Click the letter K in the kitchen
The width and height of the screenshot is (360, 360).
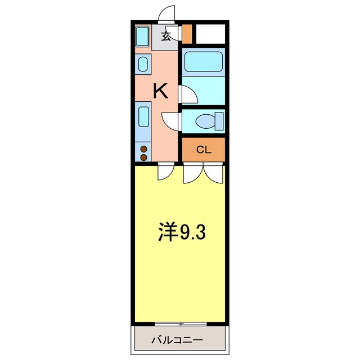coord(161,91)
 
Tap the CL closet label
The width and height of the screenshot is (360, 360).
coord(203,150)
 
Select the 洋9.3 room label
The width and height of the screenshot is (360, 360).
coord(181,232)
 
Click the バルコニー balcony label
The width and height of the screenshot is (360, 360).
coord(177,340)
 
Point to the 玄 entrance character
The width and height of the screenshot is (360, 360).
coord(166,37)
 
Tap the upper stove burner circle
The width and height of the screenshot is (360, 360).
coord(143,150)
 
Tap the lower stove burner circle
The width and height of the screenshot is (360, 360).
coord(143,157)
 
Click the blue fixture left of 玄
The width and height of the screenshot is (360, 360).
coord(142,37)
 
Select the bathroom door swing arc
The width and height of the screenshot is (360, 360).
coord(188,94)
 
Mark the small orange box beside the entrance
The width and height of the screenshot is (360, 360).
coord(187,34)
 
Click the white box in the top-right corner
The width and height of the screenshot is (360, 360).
coord(210,34)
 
